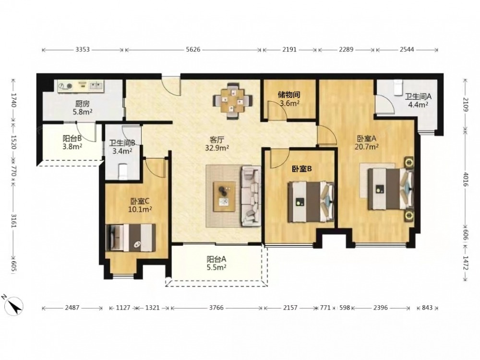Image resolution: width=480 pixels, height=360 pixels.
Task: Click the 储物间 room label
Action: pos(288,95)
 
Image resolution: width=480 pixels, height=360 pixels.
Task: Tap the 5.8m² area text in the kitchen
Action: pos(83,112)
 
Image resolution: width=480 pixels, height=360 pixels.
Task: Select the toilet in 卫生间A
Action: pos(397,87)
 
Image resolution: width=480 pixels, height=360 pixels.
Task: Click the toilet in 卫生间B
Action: pos(123,172)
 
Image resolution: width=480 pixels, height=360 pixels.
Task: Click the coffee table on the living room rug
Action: pos(224,196)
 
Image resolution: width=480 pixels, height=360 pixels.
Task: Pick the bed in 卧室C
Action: pos(131,238)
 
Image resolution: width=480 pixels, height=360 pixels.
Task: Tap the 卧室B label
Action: pos(302,168)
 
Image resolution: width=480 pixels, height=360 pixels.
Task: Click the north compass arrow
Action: pos(13,305)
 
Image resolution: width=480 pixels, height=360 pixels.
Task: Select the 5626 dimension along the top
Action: pos(193,49)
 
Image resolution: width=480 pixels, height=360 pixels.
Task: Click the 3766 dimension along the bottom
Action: pos(216,308)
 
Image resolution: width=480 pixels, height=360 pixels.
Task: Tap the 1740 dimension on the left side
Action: pos(13,100)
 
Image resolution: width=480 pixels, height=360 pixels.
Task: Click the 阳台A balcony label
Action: pos(216,259)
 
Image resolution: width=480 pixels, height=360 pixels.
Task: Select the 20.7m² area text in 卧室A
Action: pos(366,146)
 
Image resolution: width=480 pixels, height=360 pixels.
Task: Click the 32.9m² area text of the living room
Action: pos(217,148)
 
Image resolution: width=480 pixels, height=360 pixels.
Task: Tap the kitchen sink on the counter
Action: pos(96,86)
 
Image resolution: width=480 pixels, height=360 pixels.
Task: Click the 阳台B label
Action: pos(72,138)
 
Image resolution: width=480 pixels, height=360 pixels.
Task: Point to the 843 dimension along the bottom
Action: pos(427,308)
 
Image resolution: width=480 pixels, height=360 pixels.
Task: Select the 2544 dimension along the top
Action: pos(407,49)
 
